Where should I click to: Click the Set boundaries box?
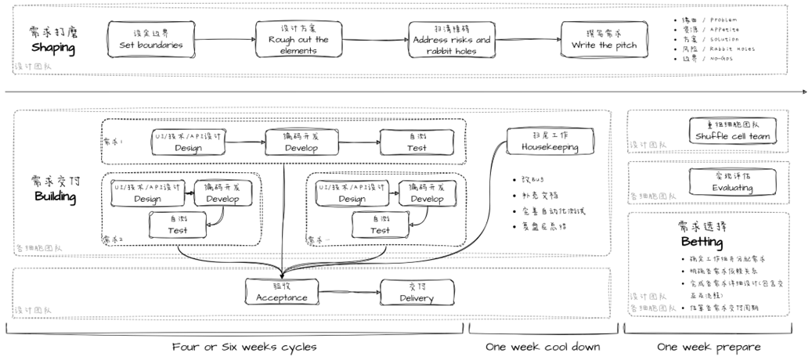pos(151,39)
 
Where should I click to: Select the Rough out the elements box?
pos(298,39)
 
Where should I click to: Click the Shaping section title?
pos(53,49)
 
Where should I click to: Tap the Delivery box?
pos(417,292)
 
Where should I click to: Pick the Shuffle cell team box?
pos(733,131)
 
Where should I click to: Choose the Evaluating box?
pos(733,182)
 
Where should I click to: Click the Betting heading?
pos(702,242)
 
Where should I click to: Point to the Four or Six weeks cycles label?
pos(244,347)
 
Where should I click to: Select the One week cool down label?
pos(543,347)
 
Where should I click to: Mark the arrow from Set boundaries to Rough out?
pos(223,39)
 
